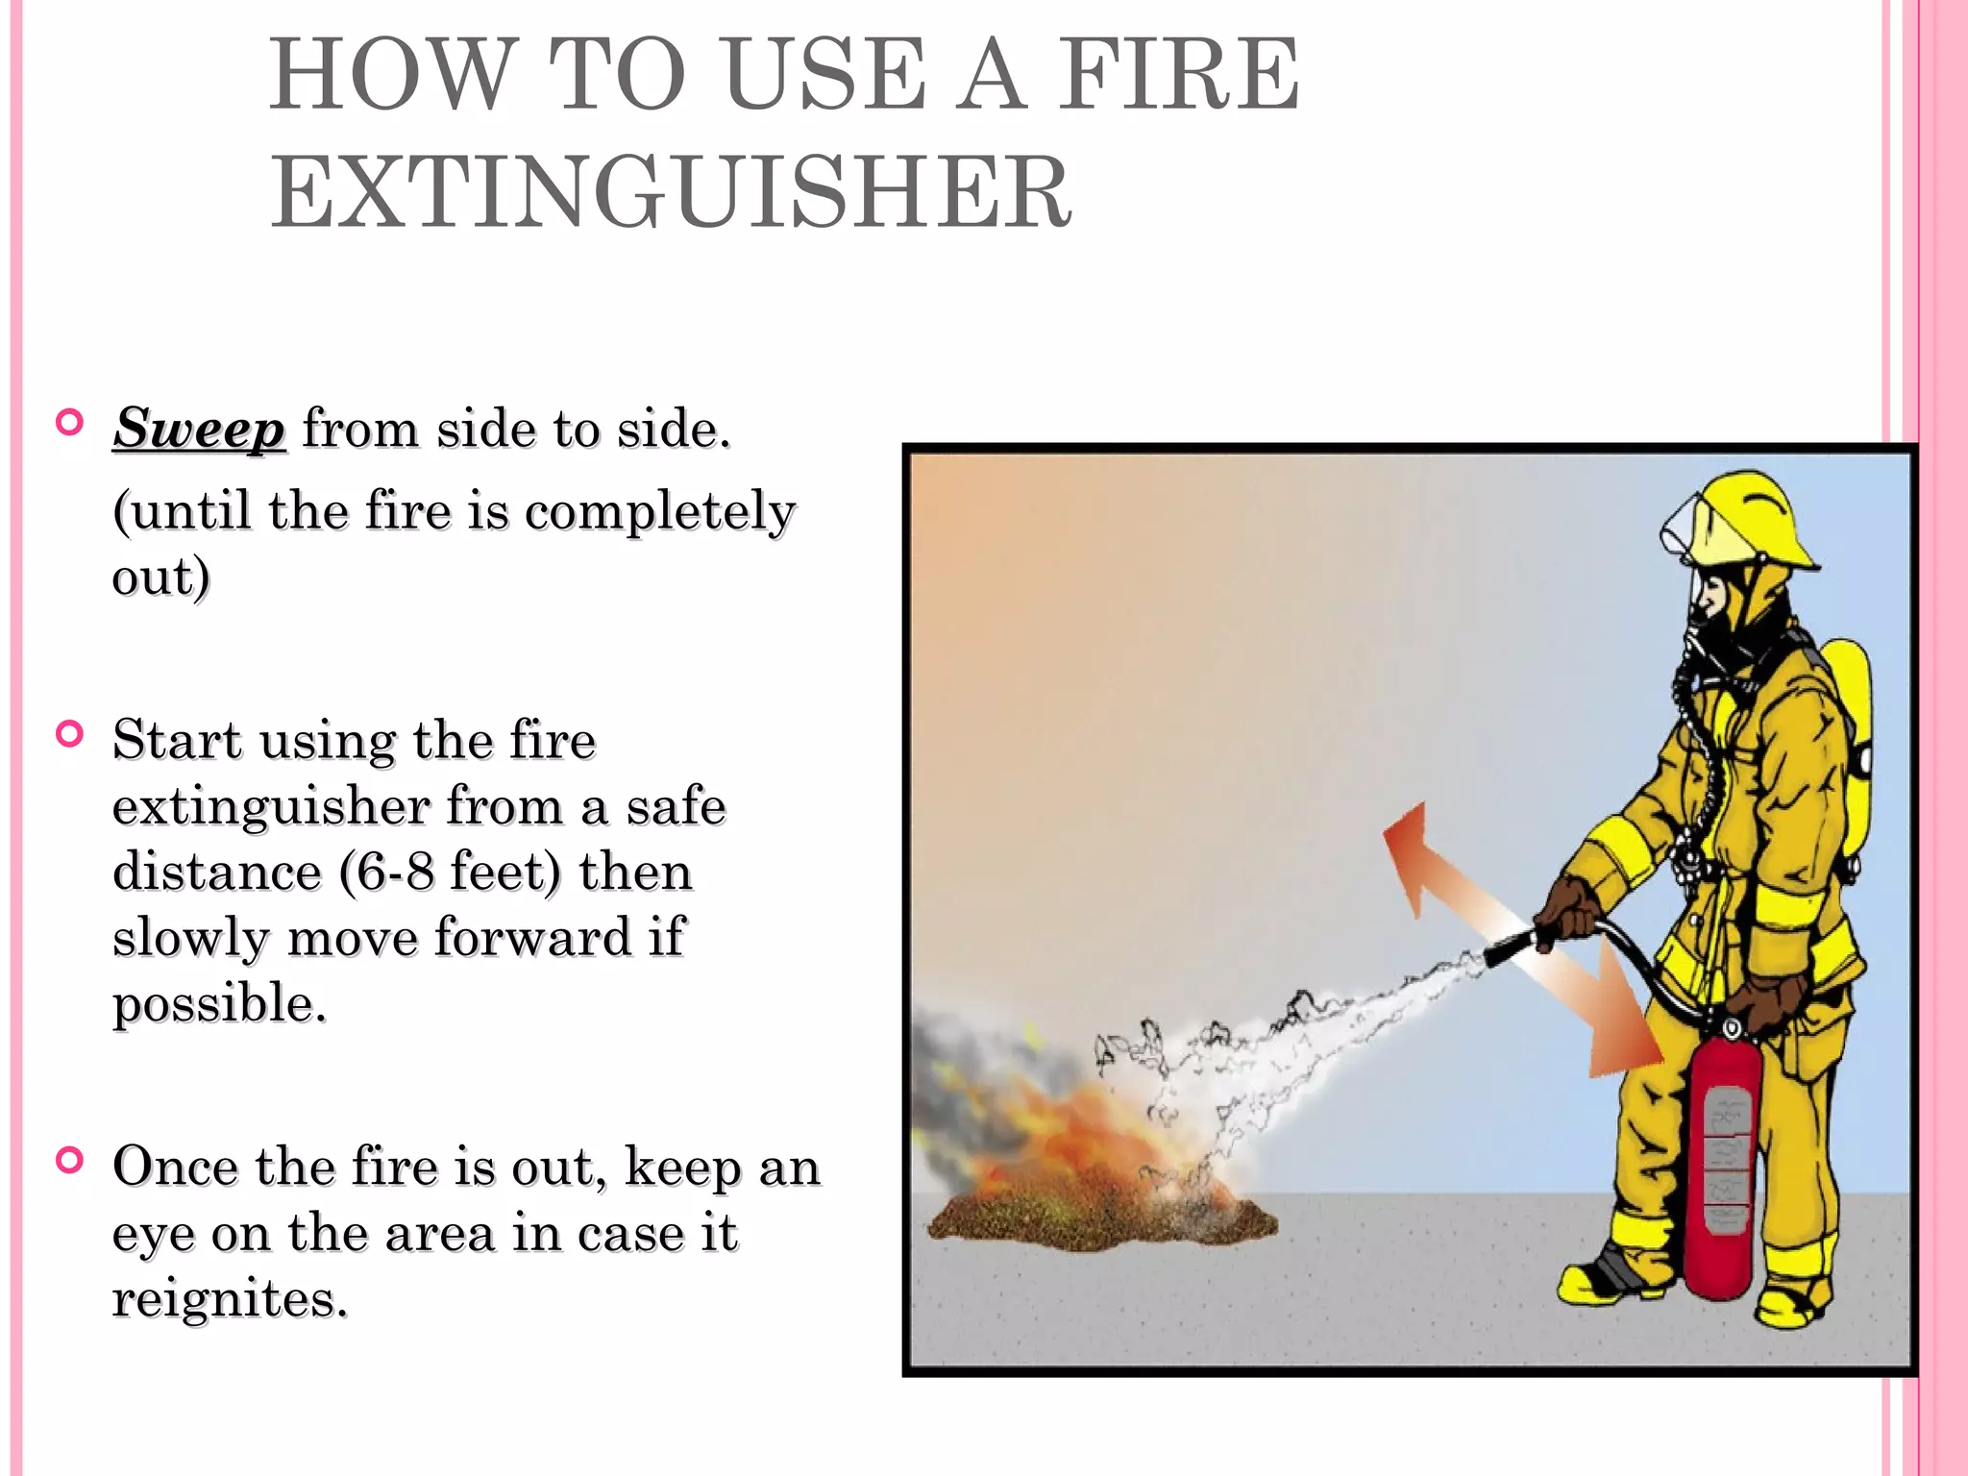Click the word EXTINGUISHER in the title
coord(670,193)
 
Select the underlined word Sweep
coord(199,429)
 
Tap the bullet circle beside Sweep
coord(70,423)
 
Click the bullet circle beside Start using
coord(70,735)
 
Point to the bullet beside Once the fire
coord(70,1161)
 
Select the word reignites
coord(229,1299)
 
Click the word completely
coord(660,511)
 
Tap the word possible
coord(218,1004)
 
